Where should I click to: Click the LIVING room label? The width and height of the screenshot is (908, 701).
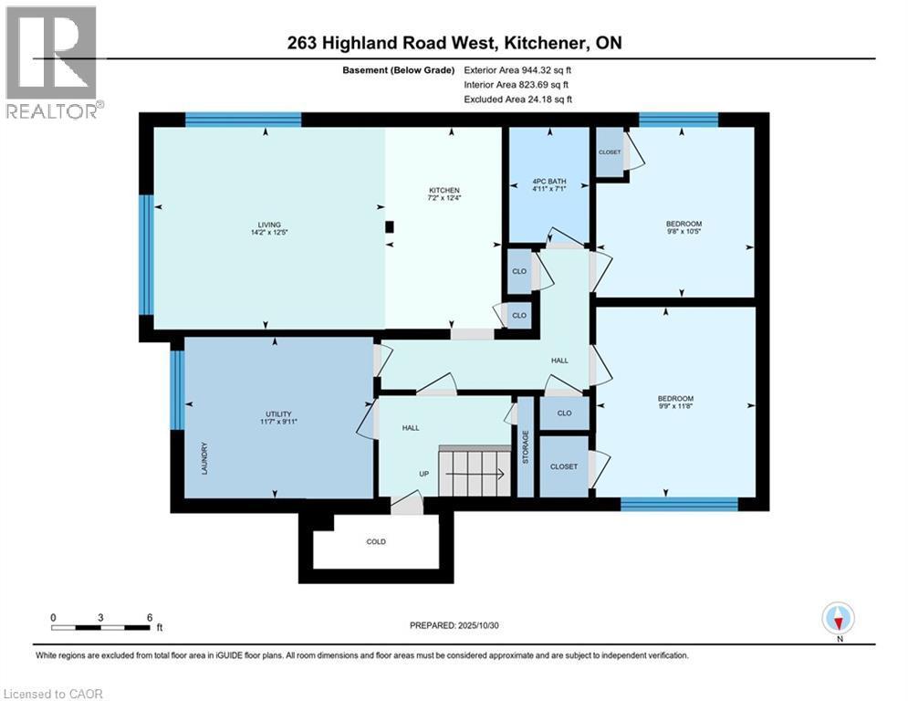point(268,225)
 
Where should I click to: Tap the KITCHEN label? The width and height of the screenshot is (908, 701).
point(451,190)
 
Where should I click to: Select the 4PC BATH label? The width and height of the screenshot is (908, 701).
point(548,182)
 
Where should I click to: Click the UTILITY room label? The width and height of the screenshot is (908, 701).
point(277,414)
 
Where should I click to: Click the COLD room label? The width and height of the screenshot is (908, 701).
point(376,541)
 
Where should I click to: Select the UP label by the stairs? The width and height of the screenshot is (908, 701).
point(423,475)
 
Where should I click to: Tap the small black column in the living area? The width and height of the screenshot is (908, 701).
point(390,227)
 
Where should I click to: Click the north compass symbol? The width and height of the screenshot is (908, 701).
point(837,619)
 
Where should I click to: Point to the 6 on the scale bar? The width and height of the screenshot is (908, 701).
point(150,617)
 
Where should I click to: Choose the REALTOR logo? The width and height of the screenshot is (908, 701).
point(52,62)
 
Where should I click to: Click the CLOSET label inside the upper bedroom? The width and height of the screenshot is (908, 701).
point(610,152)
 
